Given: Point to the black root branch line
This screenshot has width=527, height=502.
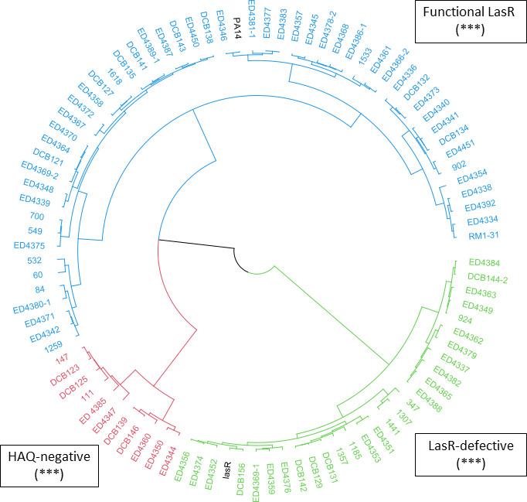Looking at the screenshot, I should point(197,244).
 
